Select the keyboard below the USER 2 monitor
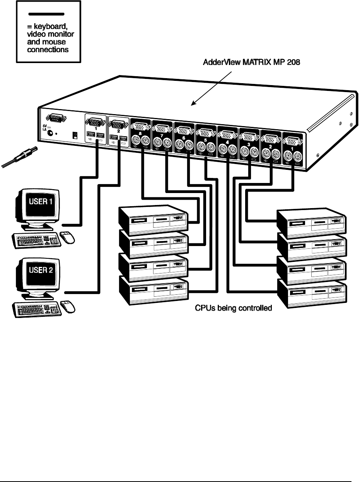(37, 309)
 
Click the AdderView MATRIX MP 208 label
(251, 62)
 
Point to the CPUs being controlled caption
(233, 308)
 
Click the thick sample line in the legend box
(46, 14)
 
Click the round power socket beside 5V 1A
(50, 133)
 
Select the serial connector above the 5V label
(56, 119)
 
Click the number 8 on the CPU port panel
(140, 133)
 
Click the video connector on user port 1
(95, 122)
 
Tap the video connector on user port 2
(118, 125)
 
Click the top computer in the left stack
(153, 220)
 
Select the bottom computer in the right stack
(312, 293)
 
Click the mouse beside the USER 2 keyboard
(68, 307)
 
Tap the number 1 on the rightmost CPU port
(292, 149)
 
